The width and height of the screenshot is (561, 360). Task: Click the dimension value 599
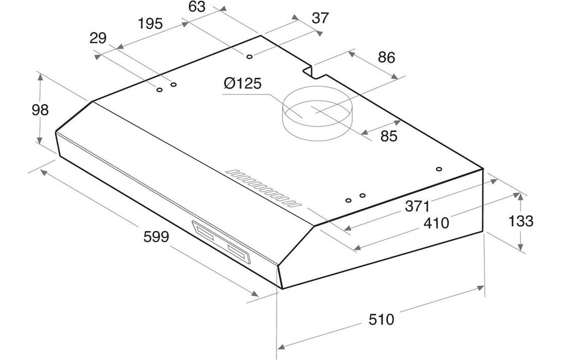pos(156,237)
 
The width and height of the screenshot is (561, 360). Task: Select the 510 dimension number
pos(382,319)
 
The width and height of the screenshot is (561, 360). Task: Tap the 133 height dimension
pos(521,221)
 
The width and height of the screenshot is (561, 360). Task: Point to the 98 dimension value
pos(40,110)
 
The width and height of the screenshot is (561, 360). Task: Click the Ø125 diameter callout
pos(243,83)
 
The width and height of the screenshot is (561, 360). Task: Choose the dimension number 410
pos(436,223)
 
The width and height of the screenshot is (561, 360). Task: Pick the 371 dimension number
pos(417,206)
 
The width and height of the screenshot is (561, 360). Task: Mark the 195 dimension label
pos(150,24)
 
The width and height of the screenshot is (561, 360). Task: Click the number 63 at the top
pos(197,7)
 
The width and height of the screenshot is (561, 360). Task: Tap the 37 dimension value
pos(320,17)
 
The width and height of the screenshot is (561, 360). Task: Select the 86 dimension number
pos(386,58)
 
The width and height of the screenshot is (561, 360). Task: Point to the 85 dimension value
pos(389,136)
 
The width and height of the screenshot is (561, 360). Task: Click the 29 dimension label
pos(98,38)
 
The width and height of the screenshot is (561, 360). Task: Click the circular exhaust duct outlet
pos(317,113)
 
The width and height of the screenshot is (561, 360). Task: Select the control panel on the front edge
pos(222,242)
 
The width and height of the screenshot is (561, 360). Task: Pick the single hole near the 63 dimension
pos(249,57)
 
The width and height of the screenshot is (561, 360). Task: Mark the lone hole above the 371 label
pos(439,169)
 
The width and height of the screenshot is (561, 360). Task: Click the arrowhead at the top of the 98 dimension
pos(40,76)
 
